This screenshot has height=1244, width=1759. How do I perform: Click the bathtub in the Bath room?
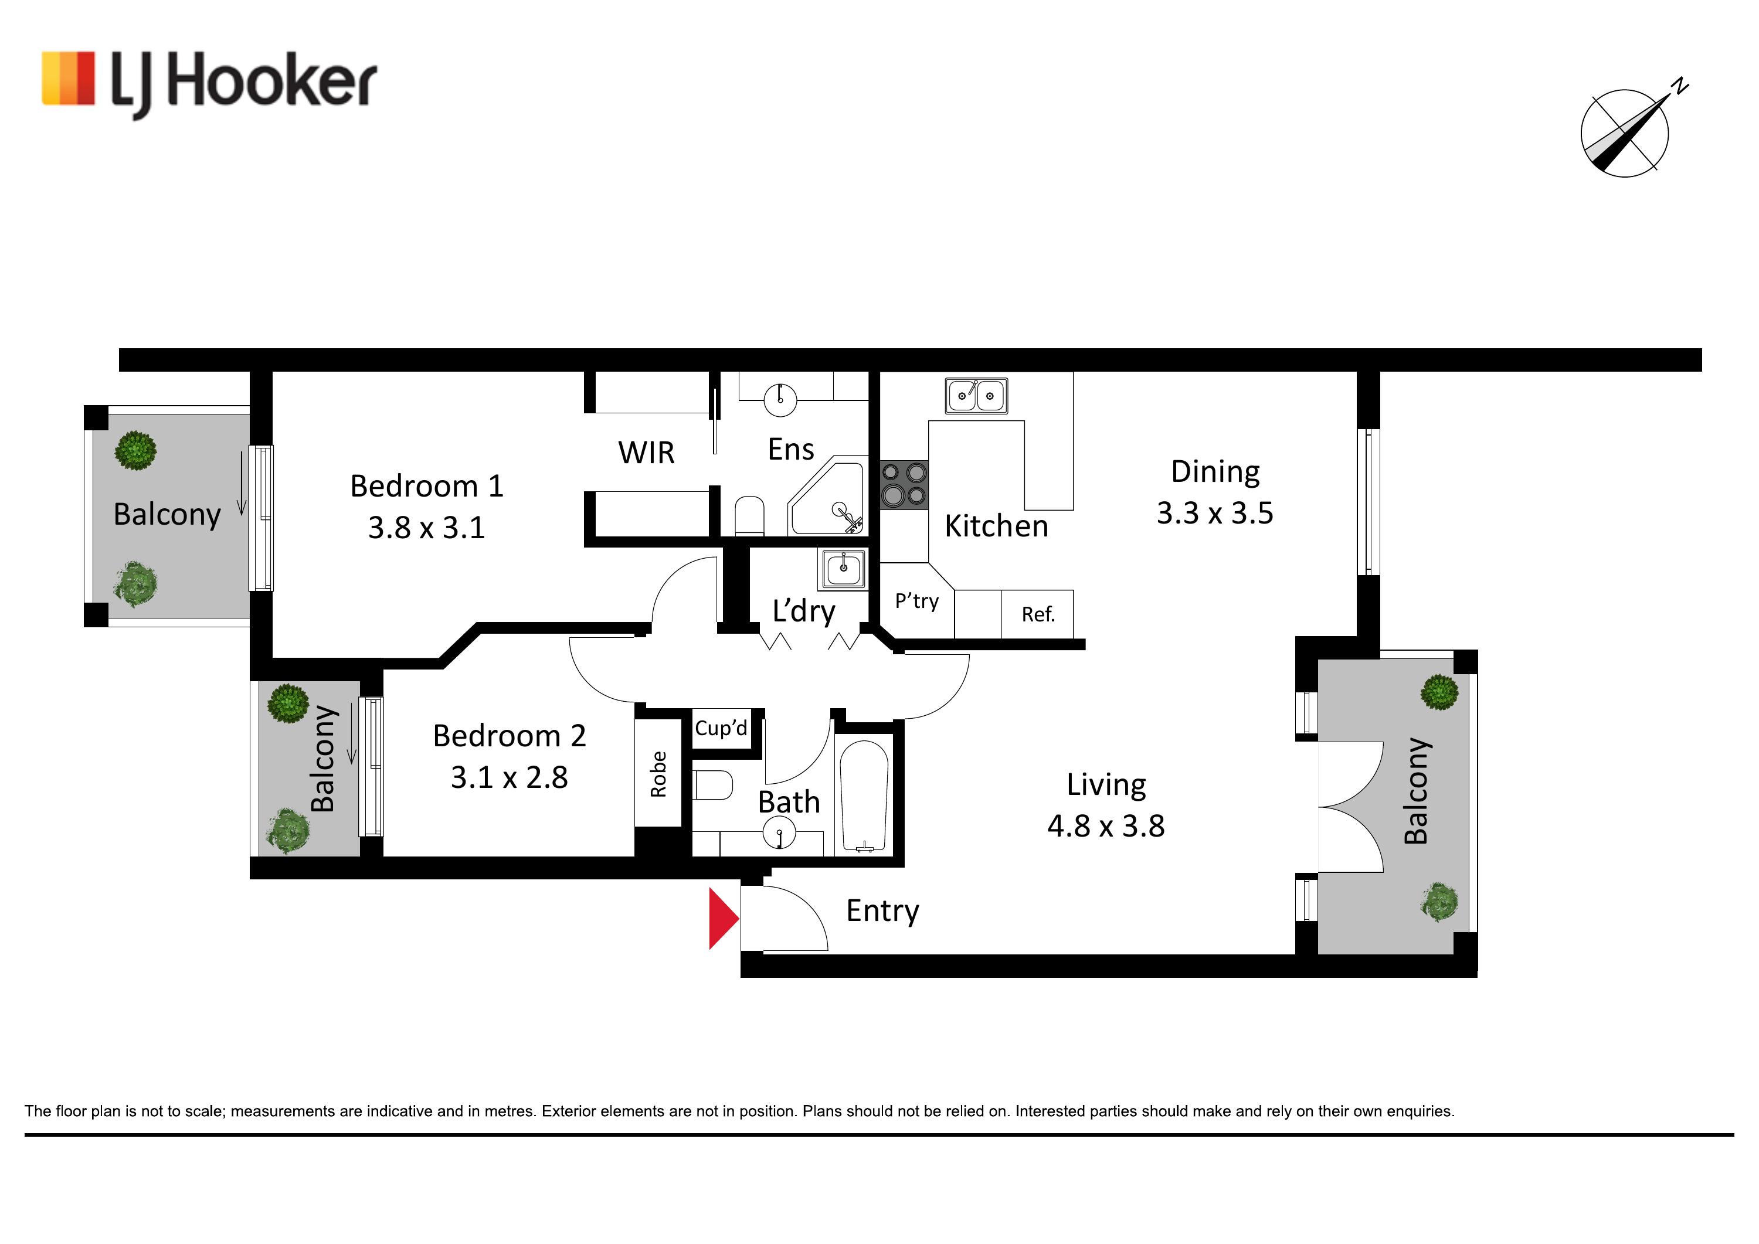[x=865, y=797]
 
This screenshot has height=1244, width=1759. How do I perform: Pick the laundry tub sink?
[x=844, y=569]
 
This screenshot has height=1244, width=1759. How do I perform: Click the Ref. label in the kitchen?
[x=1038, y=614]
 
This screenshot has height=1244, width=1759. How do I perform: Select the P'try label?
[x=916, y=601]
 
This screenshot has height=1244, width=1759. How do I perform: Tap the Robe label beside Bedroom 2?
[x=658, y=774]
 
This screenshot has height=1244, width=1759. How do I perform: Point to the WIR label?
[x=647, y=453]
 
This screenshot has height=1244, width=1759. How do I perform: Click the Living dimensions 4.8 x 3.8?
[x=1105, y=827]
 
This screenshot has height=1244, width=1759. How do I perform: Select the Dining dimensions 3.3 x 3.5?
[x=1215, y=513]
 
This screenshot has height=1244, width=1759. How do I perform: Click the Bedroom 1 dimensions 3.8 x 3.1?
[x=427, y=528]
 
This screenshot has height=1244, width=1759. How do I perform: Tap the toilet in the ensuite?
[x=749, y=516]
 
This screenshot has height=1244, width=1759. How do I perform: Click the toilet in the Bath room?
[x=713, y=785]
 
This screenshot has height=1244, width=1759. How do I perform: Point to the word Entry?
[x=882, y=912]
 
